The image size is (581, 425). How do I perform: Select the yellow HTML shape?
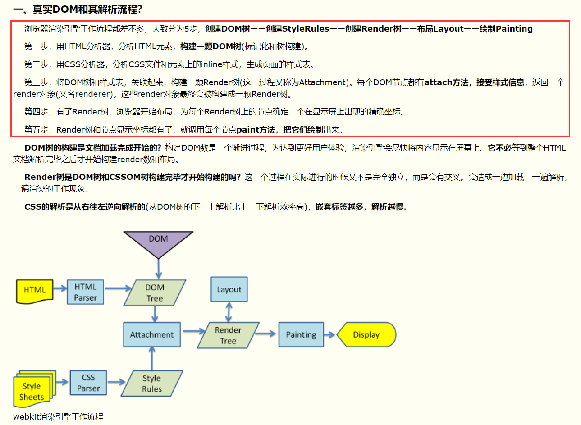34,291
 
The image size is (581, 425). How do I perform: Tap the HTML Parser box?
85,292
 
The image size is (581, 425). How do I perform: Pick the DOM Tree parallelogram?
155,292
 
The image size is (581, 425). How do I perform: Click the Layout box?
229,289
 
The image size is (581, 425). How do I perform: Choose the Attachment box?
152,334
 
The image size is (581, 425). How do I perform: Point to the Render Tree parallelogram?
228,335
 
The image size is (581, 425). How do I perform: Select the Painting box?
301,334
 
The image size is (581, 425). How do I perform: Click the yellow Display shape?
366,334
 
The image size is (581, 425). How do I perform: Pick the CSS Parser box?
88,383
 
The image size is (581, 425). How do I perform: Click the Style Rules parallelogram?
152,384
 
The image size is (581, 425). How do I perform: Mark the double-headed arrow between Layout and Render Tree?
229,312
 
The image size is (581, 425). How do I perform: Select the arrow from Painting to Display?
330,334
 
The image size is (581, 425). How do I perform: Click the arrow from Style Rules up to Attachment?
152,359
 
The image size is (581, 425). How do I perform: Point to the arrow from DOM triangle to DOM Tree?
158,269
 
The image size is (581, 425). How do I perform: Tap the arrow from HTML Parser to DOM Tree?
117,288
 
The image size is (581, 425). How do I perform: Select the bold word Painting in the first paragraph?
514,29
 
